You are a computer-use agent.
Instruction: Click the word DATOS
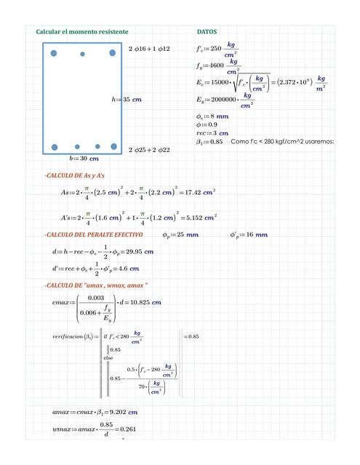(x=207, y=32)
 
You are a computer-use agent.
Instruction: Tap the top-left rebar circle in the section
(x=55, y=52)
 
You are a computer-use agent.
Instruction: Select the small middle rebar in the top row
(x=82, y=54)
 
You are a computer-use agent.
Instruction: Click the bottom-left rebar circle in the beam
(x=55, y=147)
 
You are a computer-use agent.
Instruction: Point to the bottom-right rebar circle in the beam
(x=113, y=147)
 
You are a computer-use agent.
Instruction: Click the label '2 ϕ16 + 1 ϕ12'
(x=148, y=48)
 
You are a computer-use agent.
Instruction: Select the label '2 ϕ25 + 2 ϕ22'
(x=148, y=150)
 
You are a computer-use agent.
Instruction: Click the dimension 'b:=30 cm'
(x=84, y=158)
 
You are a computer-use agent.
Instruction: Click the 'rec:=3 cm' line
(x=212, y=134)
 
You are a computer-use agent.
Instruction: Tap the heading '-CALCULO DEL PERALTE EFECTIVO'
(x=93, y=235)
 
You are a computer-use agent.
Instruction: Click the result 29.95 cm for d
(x=139, y=251)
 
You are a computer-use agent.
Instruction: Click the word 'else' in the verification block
(x=108, y=357)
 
